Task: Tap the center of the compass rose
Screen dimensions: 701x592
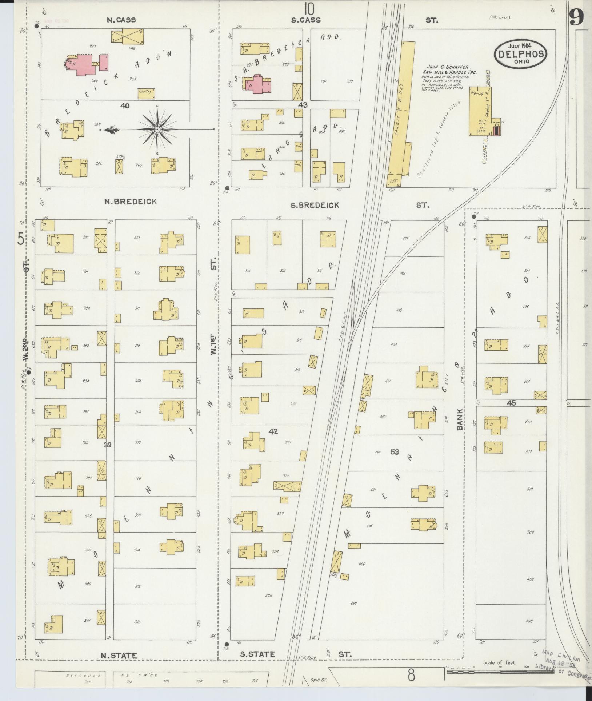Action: (x=157, y=129)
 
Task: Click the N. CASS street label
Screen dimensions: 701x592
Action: (x=121, y=20)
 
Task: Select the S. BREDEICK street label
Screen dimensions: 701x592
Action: (x=315, y=205)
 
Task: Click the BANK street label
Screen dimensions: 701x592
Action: (x=460, y=419)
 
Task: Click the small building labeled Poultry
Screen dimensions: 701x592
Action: (x=147, y=93)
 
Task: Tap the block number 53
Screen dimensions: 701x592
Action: (x=395, y=452)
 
